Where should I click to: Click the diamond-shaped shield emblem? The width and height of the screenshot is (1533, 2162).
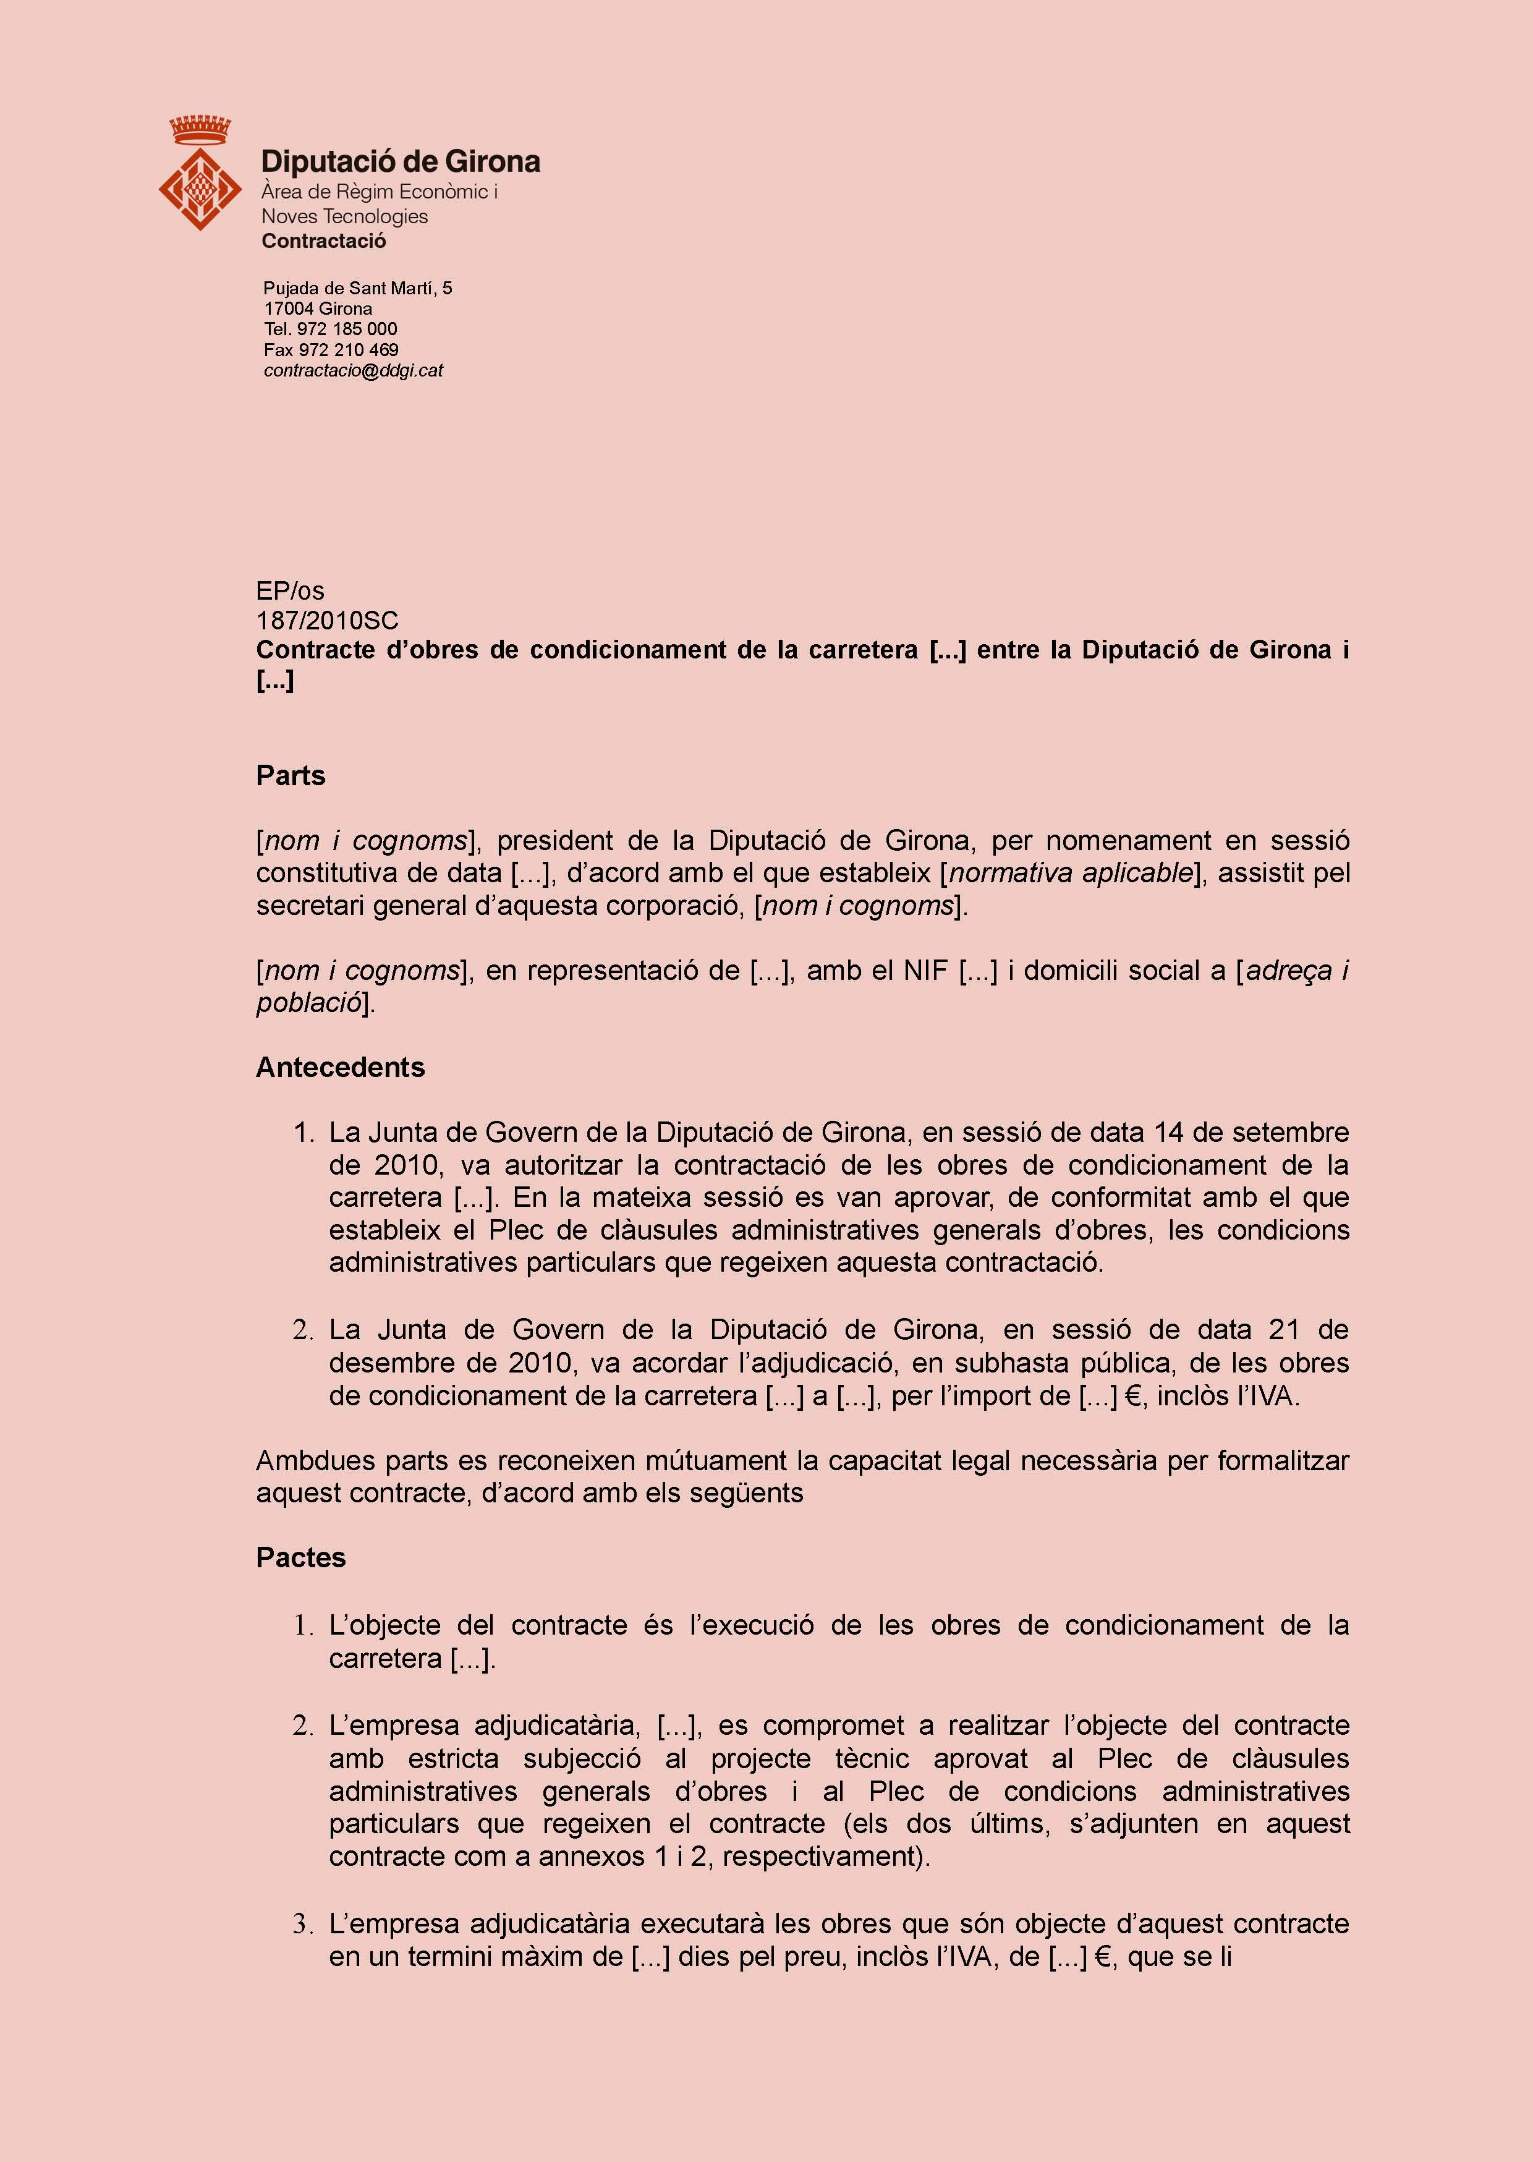200,188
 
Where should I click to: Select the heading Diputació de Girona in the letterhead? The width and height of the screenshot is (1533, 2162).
400,163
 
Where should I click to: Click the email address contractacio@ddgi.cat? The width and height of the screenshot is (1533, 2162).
353,371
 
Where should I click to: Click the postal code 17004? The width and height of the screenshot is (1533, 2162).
289,309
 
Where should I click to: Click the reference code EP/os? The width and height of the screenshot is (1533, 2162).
290,591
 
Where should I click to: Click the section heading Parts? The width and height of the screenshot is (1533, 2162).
290,775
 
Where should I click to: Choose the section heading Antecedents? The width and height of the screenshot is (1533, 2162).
340,1067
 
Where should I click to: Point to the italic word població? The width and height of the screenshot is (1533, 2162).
308,1003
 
